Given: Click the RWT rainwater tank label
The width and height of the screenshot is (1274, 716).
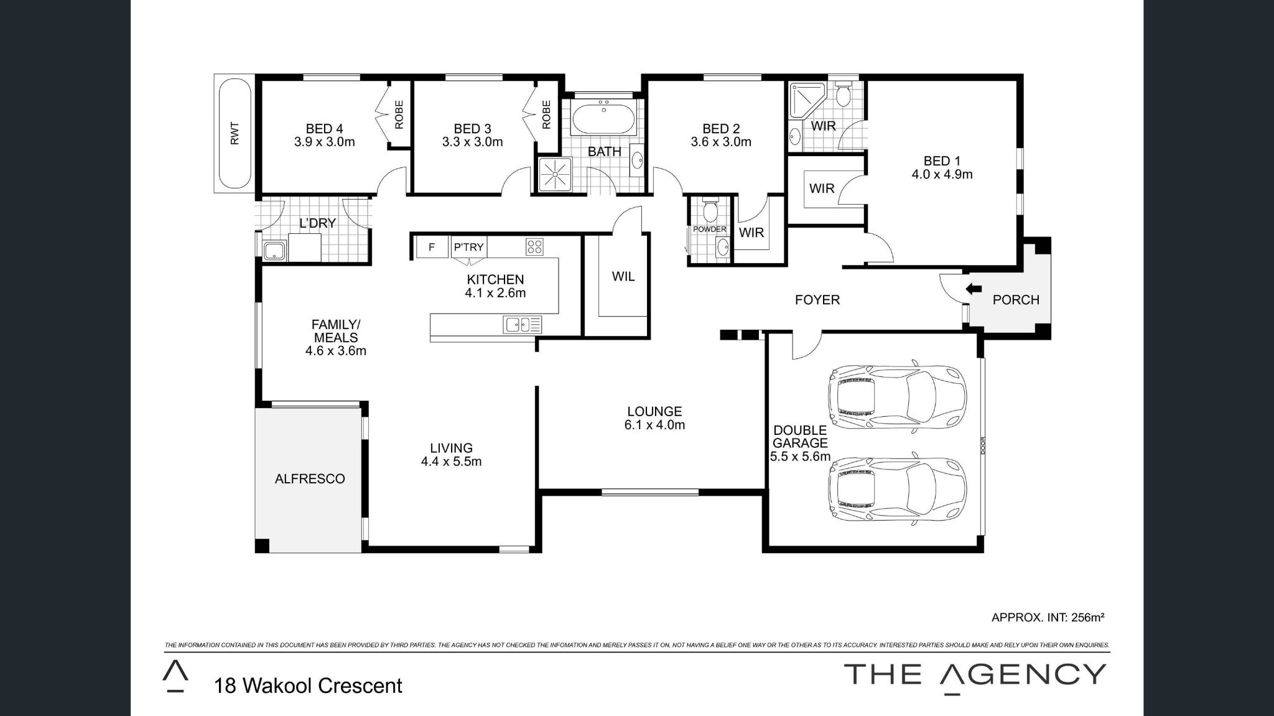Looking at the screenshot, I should tap(235, 133).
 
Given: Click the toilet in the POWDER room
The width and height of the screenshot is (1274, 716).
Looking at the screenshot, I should tap(710, 211).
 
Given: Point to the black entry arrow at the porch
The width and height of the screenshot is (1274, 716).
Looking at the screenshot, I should tap(974, 289).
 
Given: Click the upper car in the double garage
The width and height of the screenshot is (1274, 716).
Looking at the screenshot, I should tap(896, 396).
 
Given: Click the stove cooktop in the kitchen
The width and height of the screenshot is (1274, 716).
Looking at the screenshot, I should tap(534, 247).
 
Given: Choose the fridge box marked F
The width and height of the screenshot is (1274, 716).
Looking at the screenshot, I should tap(431, 247).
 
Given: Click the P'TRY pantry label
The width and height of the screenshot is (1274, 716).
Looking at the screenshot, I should tap(468, 247).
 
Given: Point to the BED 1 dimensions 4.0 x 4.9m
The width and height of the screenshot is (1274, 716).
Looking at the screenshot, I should tap(942, 175).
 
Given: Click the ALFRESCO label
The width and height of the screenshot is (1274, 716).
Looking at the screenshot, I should tap(310, 479).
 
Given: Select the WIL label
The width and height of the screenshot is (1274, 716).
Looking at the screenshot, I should tap(623, 276).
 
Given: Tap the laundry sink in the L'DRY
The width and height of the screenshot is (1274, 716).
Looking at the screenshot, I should tap(274, 251).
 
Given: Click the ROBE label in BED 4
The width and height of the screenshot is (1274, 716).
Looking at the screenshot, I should tap(399, 114).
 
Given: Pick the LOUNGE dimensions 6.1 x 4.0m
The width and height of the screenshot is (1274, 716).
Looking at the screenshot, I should tap(654, 425).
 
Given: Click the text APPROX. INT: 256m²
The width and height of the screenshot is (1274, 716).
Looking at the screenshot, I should tap(1048, 618).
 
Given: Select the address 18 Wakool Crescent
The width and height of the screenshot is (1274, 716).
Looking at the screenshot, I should tap(308, 686).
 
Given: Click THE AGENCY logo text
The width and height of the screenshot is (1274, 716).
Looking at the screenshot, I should tap(974, 675).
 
